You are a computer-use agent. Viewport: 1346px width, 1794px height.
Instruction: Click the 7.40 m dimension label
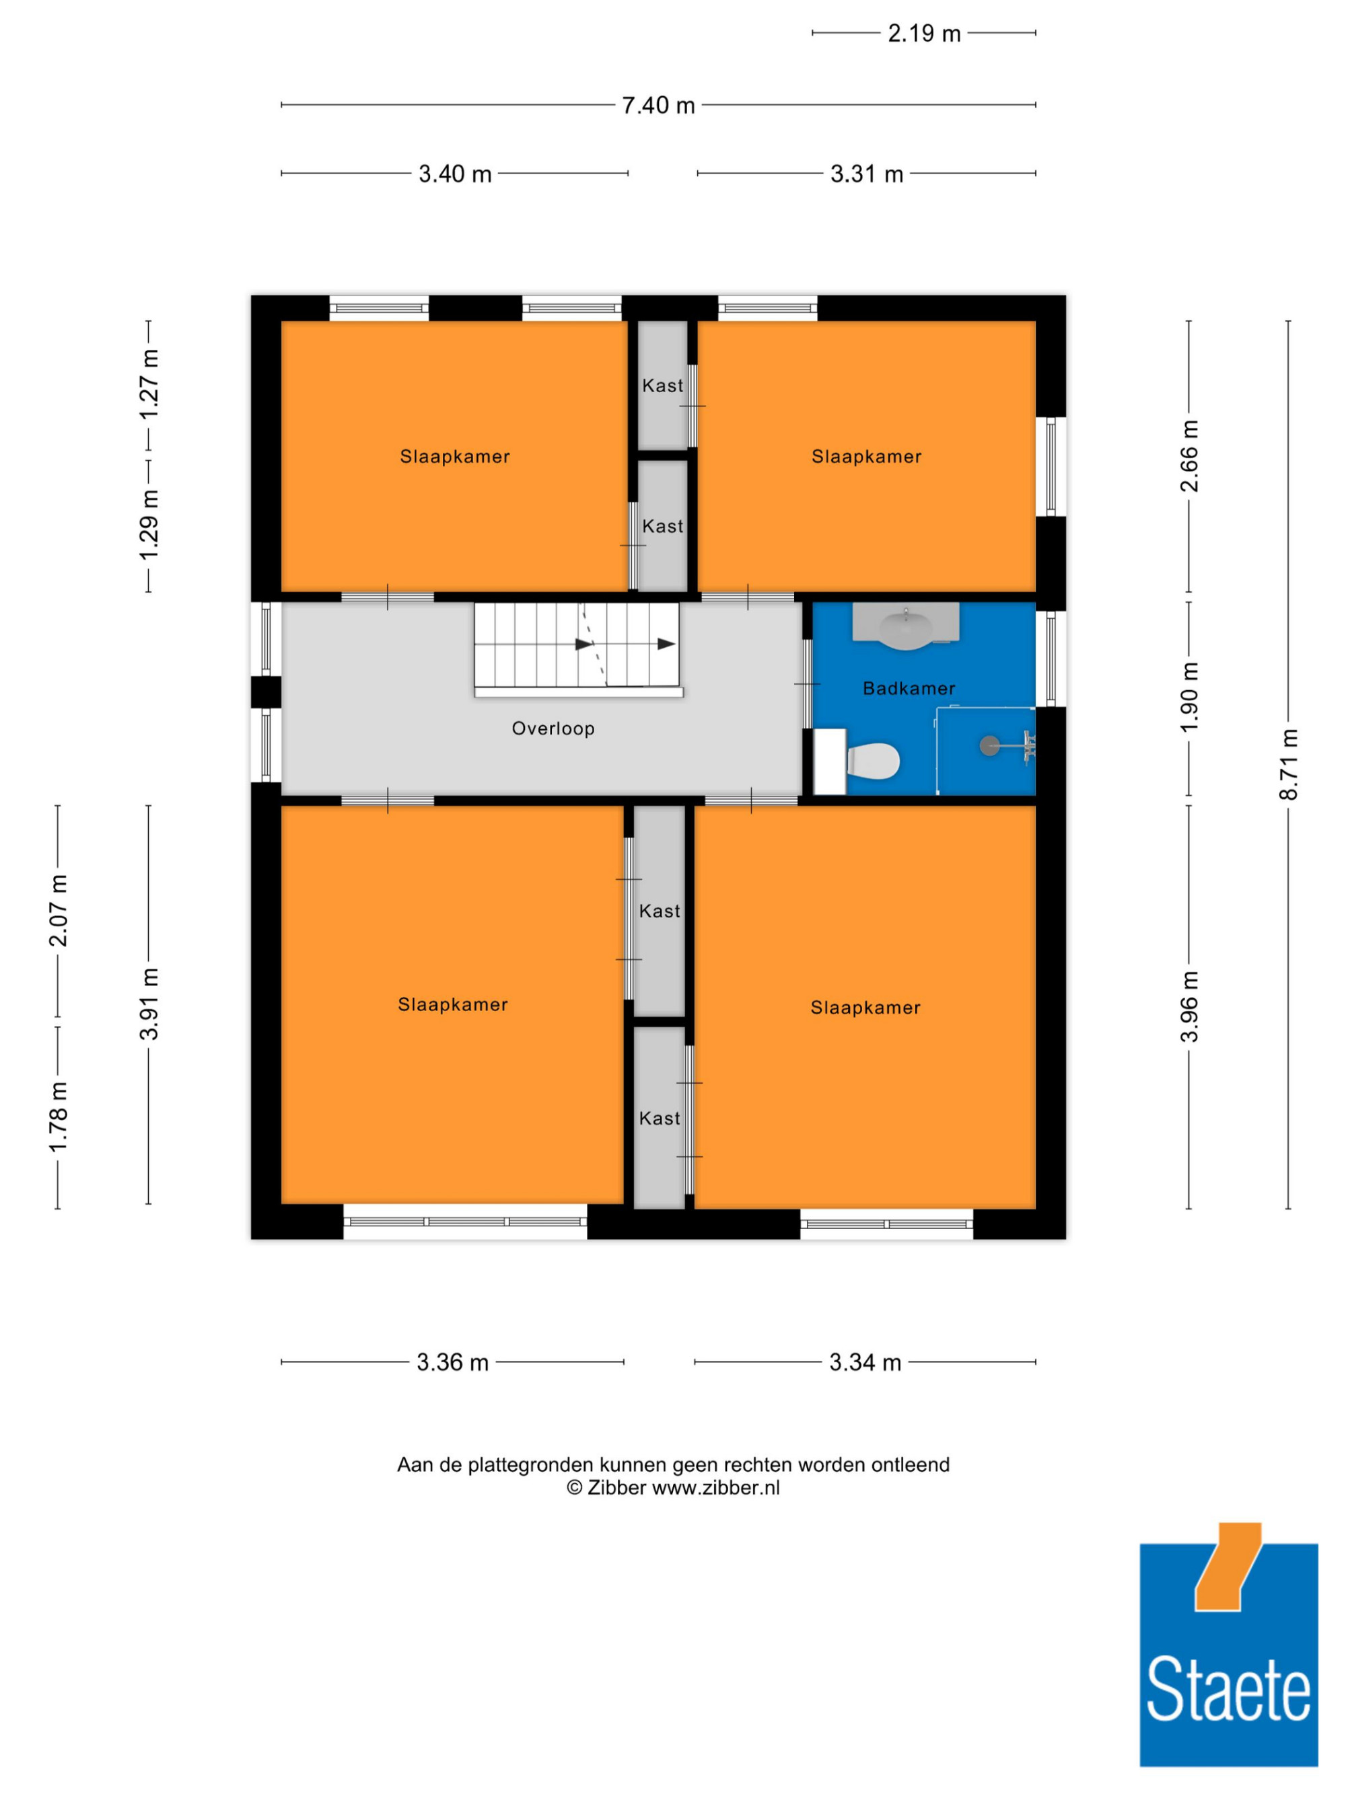658,106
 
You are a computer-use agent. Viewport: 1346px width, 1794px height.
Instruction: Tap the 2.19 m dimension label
924,33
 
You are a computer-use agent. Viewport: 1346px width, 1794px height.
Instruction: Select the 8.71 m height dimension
1288,764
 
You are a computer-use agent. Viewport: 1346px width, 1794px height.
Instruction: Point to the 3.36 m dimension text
453,1361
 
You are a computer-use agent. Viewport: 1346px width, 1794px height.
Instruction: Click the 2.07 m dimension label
59,911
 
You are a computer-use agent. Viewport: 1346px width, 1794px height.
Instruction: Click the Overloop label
553,728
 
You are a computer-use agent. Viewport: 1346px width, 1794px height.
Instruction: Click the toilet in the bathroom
872,761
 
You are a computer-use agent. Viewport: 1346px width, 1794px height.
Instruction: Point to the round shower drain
990,745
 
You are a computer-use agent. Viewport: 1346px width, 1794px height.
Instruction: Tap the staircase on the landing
577,650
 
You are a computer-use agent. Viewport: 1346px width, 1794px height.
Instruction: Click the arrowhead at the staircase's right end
666,644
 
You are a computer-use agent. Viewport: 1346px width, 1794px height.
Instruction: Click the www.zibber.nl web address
715,1487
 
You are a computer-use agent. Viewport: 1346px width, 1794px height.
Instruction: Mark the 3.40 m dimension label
455,174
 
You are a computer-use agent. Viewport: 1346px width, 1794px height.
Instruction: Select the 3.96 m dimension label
1189,1006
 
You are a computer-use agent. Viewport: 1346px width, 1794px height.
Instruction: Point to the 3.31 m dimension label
867,174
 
